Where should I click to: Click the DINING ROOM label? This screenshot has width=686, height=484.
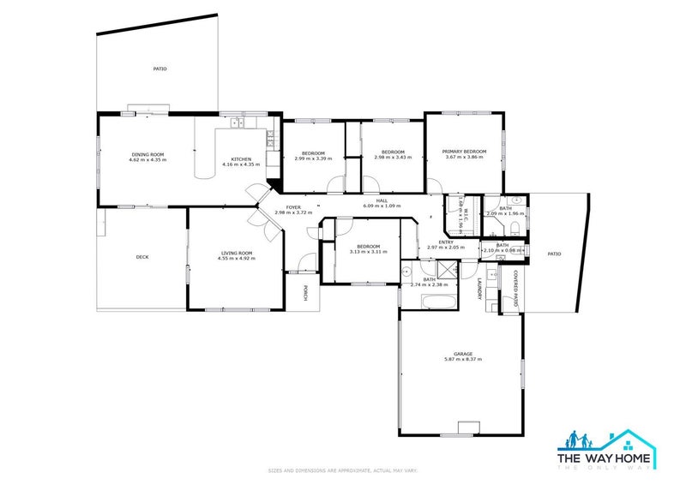147,154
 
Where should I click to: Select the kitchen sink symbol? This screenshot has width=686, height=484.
236,123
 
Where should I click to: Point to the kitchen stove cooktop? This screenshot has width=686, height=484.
271,135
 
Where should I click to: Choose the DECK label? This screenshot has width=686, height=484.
142,257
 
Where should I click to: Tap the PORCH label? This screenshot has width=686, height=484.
304,293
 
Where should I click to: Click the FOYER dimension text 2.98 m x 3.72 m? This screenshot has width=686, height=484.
293,212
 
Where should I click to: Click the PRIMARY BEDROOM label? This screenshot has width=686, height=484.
465,152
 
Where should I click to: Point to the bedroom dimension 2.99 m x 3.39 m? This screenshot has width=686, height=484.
312,158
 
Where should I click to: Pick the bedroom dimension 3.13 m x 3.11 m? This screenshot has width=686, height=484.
369,252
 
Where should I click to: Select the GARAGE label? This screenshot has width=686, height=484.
463,354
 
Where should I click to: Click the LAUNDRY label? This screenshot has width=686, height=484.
478,289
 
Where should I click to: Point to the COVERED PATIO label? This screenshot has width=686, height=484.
514,290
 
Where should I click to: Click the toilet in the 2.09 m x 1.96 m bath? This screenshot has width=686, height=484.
511,227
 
